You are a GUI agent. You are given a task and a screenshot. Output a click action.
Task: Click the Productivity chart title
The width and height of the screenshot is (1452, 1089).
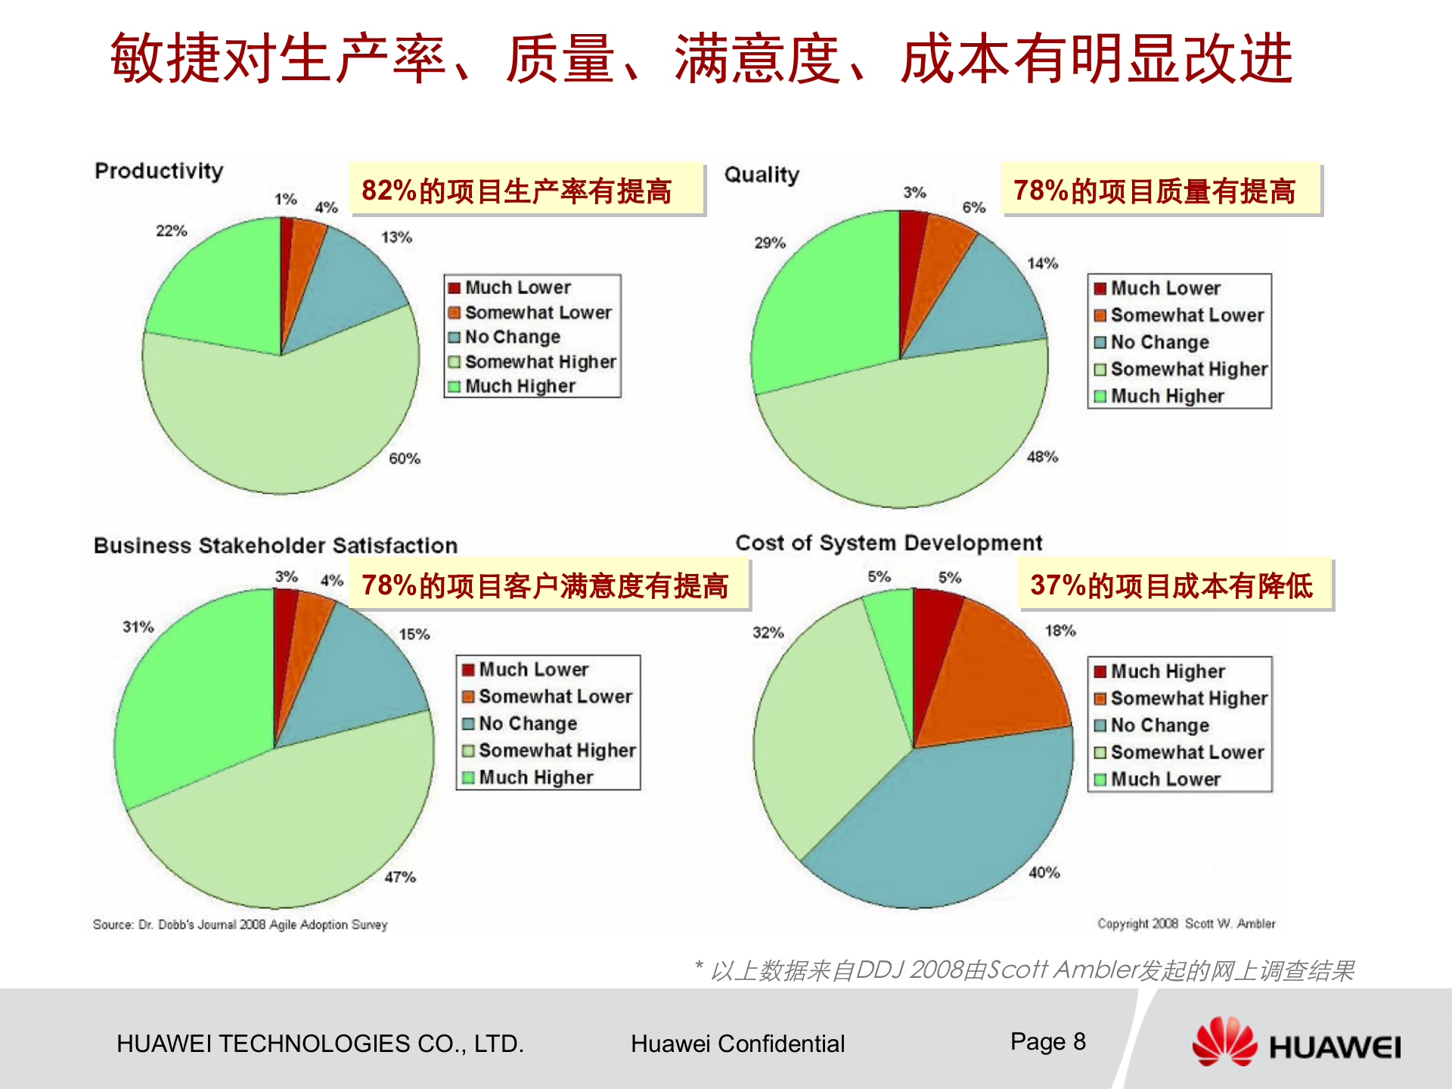click(x=159, y=171)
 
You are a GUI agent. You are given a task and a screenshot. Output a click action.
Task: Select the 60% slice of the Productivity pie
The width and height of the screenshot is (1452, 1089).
click(x=280, y=423)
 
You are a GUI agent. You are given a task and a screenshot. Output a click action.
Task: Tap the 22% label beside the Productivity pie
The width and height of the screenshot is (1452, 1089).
click(x=171, y=231)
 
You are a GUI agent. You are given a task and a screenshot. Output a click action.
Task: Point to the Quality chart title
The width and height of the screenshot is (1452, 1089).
click(x=762, y=175)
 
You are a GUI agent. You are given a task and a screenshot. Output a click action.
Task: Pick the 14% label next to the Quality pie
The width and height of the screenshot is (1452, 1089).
click(x=1042, y=263)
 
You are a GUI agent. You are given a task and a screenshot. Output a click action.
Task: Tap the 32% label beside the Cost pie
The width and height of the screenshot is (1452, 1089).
click(x=768, y=632)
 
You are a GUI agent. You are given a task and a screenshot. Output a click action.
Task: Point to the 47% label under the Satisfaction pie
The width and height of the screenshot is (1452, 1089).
click(x=400, y=876)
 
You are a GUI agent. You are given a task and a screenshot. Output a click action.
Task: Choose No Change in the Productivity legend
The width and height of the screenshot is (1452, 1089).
click(x=512, y=337)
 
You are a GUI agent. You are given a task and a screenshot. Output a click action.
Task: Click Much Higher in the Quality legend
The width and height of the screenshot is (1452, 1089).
click(x=1167, y=396)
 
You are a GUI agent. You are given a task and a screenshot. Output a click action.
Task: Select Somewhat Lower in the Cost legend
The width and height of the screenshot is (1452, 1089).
click(x=1187, y=752)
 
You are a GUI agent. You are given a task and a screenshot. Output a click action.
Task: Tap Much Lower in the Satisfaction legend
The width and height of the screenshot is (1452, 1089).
click(x=533, y=669)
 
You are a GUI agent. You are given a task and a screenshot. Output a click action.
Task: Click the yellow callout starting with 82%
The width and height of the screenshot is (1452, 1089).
click(x=526, y=190)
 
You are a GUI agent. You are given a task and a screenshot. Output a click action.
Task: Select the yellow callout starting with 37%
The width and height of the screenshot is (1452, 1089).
click(x=1174, y=585)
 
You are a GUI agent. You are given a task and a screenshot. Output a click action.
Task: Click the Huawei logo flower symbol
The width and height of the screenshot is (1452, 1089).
click(x=1223, y=1042)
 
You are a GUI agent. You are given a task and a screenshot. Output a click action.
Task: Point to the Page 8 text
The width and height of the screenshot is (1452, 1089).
click(x=1047, y=1041)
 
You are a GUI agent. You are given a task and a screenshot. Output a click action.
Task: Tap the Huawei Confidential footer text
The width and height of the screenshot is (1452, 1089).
click(x=737, y=1044)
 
